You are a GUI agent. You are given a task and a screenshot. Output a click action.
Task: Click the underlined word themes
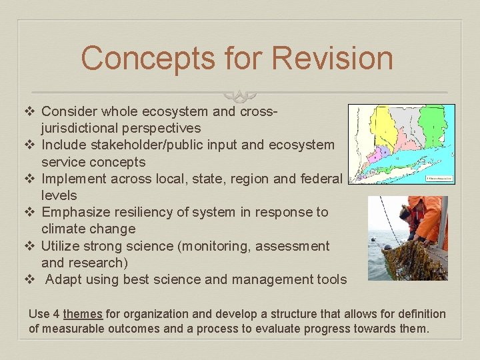(x=83, y=314)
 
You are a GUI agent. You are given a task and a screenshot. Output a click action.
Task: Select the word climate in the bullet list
(x=64, y=229)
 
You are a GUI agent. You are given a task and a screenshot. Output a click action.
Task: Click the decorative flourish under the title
(x=239, y=95)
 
